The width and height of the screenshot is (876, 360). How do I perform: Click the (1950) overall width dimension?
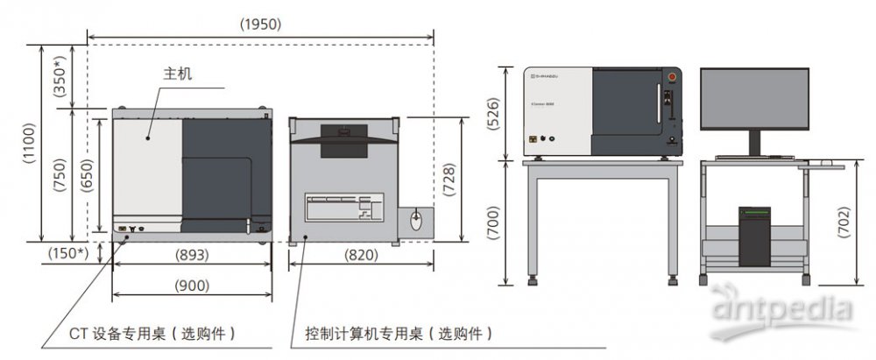[260, 25]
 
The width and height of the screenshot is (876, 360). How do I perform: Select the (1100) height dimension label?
[29, 144]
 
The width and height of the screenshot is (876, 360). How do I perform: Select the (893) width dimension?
[191, 256]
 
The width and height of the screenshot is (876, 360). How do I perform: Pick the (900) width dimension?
[191, 286]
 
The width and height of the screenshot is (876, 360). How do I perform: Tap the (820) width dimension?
[362, 256]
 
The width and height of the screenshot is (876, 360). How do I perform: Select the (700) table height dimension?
[493, 222]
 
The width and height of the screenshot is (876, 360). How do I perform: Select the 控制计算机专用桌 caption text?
[398, 334]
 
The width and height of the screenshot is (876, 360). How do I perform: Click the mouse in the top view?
[415, 219]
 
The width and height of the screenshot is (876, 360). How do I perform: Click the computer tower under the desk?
[754, 236]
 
